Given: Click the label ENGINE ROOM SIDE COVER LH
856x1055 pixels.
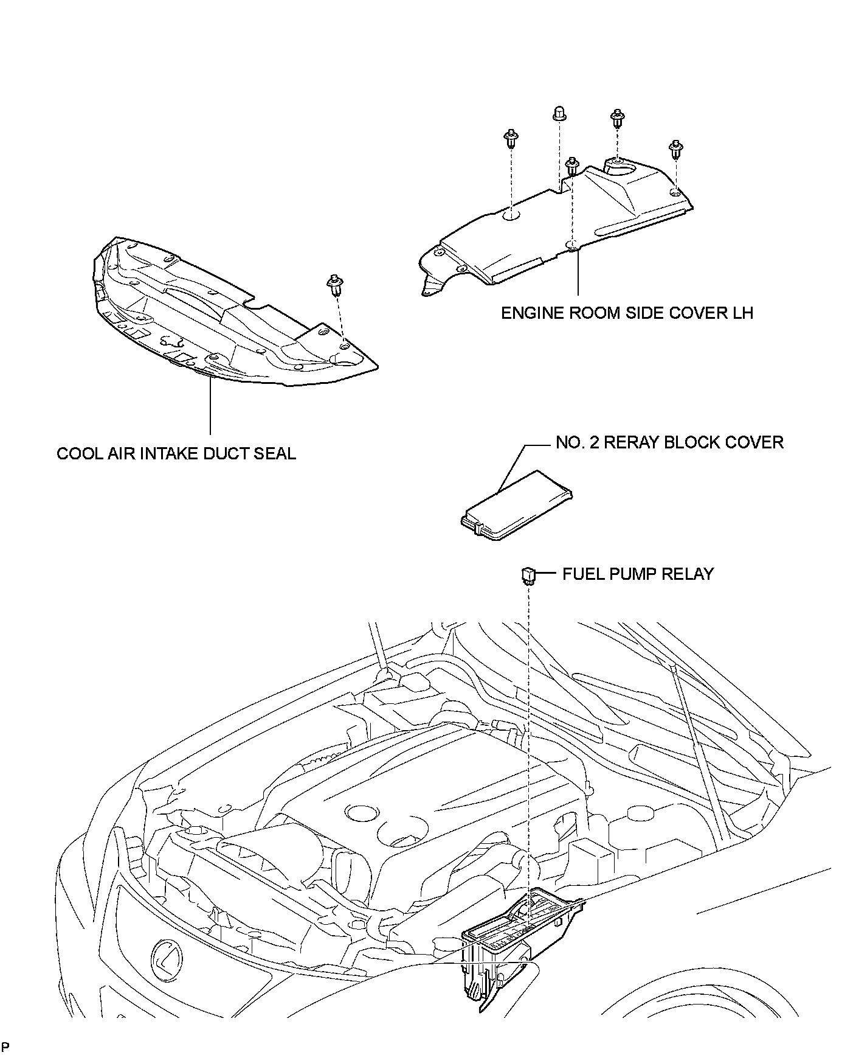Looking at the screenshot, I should coord(627,313).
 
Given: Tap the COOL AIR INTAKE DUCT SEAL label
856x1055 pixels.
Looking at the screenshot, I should coord(176,453).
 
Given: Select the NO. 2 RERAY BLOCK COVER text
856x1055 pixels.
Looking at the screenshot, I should coord(669,442).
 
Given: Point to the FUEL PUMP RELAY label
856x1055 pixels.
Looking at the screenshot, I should coord(638,574).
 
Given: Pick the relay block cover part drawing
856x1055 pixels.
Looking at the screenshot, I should coord(515,505).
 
